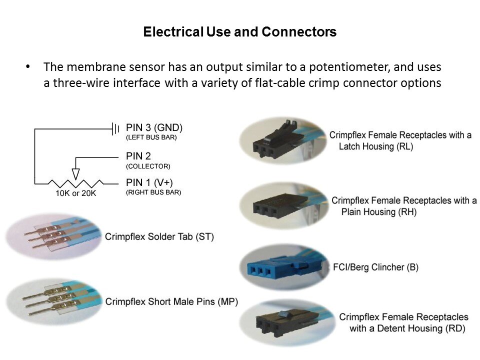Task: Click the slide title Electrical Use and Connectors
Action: coord(239,32)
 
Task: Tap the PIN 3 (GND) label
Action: coord(154,127)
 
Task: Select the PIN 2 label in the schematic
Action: coord(138,156)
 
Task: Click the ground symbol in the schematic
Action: coord(114,129)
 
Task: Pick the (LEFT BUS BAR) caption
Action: coord(151,137)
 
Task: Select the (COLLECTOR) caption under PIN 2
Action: coord(148,166)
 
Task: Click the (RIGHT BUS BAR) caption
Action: coord(153,192)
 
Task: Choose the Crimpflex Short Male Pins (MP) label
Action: coord(171,301)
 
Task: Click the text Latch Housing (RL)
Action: coord(375,147)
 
